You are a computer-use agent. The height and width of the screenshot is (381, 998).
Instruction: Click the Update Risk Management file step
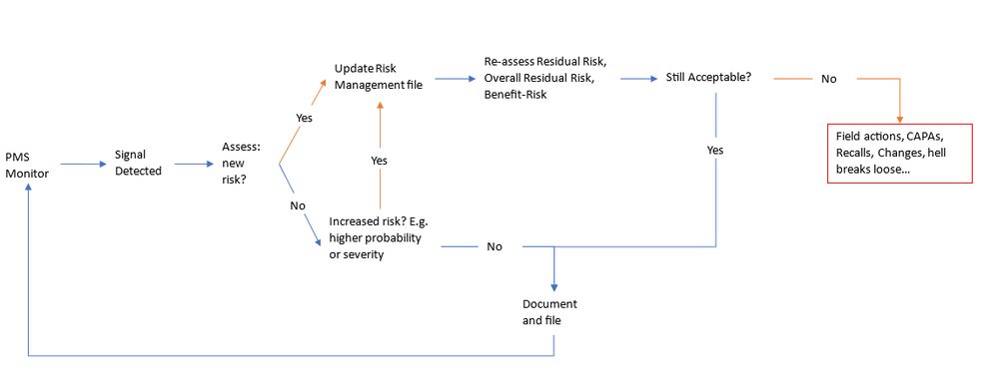[x=379, y=77]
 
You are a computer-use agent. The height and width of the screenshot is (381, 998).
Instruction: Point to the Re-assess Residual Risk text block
[x=543, y=77]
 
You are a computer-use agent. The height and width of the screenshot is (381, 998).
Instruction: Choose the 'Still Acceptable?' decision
[x=708, y=77]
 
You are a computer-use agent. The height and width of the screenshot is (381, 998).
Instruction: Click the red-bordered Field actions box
[x=899, y=154]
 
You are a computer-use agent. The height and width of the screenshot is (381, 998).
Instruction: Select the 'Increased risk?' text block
[x=376, y=238]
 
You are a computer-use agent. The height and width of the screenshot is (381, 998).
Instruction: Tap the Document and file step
[x=549, y=311]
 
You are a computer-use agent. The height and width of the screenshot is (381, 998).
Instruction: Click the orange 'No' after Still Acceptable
[x=828, y=78]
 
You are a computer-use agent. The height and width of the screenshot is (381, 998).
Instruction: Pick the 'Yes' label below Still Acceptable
[x=715, y=150]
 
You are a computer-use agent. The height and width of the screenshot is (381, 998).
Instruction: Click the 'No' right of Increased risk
[x=495, y=246]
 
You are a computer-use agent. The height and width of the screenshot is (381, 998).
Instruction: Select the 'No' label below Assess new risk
[x=297, y=205]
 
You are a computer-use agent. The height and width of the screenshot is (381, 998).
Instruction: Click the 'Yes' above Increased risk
[x=379, y=160]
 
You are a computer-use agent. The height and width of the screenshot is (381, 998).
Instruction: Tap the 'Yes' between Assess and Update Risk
[x=304, y=117]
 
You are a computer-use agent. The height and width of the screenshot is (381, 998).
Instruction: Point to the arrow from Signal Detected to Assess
[x=195, y=164]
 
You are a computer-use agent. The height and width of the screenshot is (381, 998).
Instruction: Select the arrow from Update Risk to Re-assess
[x=456, y=76]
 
